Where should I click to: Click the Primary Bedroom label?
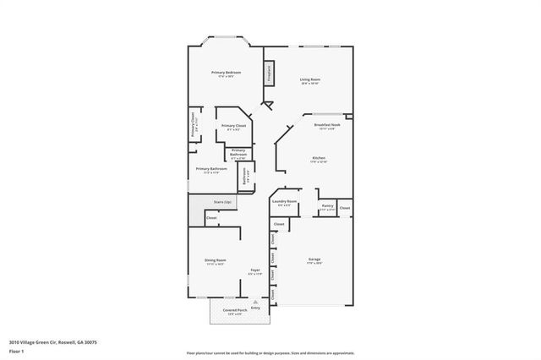(x=226, y=73)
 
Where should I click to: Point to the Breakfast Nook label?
(x=326, y=125)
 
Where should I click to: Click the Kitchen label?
(x=319, y=157)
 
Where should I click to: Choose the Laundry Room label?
(x=284, y=201)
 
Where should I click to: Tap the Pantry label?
(x=326, y=205)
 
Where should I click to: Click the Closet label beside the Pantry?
(x=344, y=207)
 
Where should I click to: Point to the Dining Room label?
(x=215, y=259)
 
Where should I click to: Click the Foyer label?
(x=254, y=270)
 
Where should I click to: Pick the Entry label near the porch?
(x=255, y=308)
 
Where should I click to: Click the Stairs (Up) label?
(x=222, y=203)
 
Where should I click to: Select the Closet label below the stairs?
(x=211, y=218)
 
